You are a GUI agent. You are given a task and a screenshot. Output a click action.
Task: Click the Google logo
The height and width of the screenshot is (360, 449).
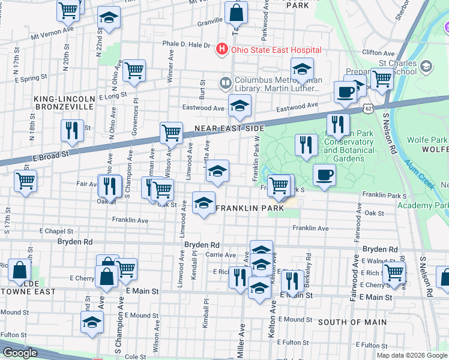point(20,353)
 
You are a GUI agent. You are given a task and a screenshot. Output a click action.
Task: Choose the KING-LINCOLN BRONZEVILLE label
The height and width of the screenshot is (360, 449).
point(64,102)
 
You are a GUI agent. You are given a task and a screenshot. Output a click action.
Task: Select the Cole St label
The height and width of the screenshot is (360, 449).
point(135,356)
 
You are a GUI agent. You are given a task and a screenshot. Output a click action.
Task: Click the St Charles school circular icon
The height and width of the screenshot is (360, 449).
point(427,65)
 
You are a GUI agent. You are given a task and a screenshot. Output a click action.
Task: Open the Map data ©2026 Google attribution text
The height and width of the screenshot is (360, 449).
point(412,355)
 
